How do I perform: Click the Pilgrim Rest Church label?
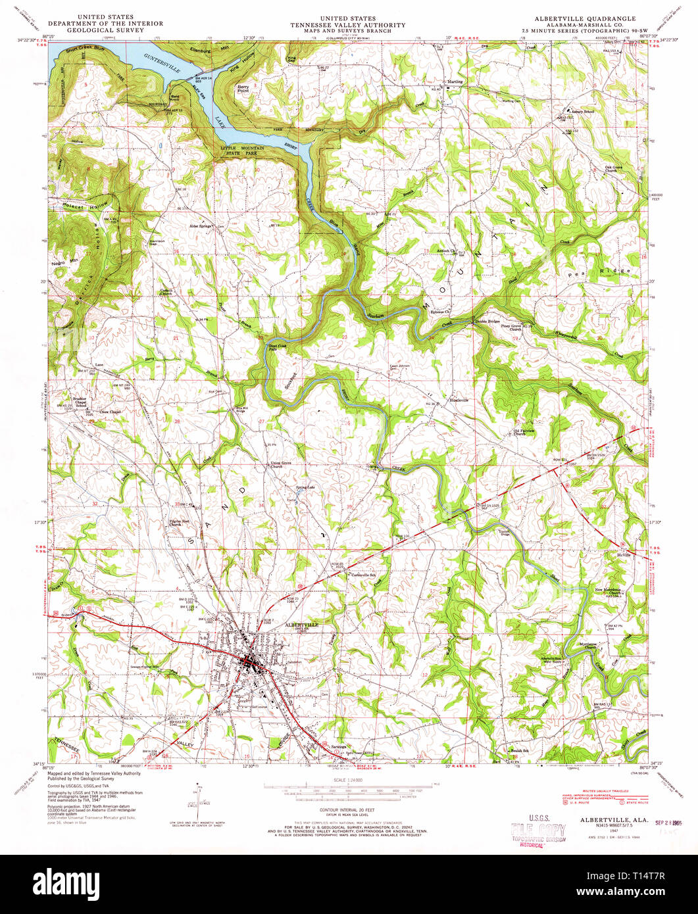click(175, 523)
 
